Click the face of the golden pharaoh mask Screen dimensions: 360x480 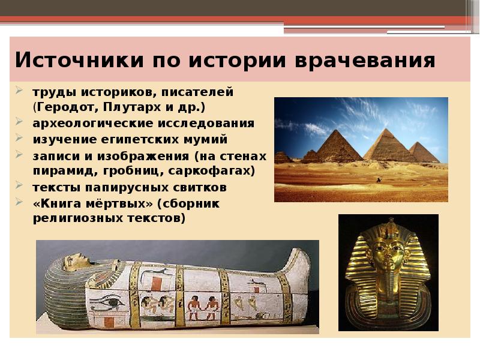point(387,255)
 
